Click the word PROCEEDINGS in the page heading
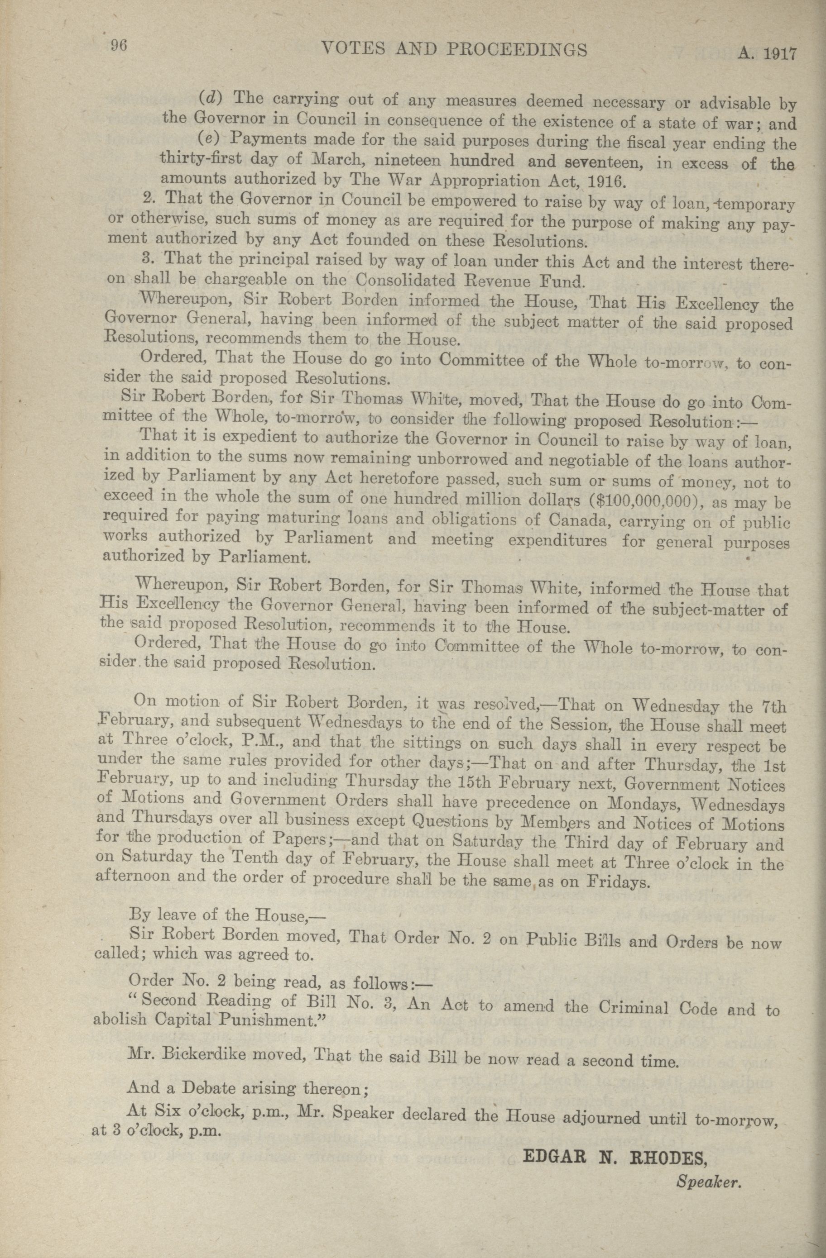click(x=517, y=50)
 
